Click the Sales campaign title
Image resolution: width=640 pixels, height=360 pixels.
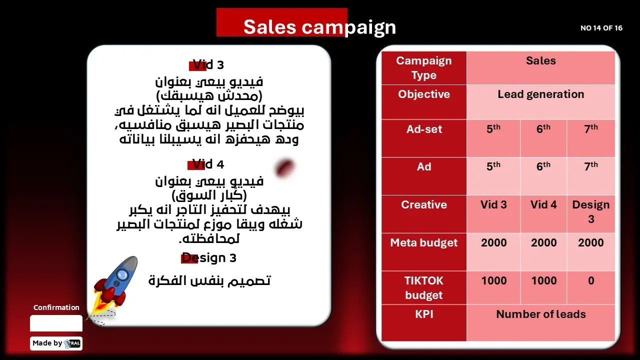click(319, 27)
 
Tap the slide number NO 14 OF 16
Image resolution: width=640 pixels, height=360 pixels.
click(601, 28)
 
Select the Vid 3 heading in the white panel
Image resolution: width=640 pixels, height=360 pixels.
click(208, 65)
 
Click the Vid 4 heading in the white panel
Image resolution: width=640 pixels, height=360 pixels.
click(208, 164)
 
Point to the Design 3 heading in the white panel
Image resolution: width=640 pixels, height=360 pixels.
click(209, 258)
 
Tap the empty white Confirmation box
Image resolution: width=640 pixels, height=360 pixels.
click(56, 323)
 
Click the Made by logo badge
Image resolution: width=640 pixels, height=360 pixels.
click(56, 343)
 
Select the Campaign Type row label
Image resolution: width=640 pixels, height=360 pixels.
click(424, 68)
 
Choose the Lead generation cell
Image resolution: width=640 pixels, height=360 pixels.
click(541, 102)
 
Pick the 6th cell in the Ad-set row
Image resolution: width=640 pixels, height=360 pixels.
click(543, 138)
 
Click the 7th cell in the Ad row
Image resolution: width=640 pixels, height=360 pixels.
click(591, 176)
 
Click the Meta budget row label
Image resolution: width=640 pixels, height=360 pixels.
click(424, 252)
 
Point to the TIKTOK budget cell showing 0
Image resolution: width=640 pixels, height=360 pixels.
click(591, 287)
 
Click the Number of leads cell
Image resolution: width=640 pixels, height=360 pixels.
click(541, 323)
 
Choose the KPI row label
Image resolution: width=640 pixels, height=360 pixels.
click(424, 323)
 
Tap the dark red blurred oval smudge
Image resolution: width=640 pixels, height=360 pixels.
click(284, 168)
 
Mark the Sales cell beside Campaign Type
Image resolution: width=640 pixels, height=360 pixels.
click(541, 68)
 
